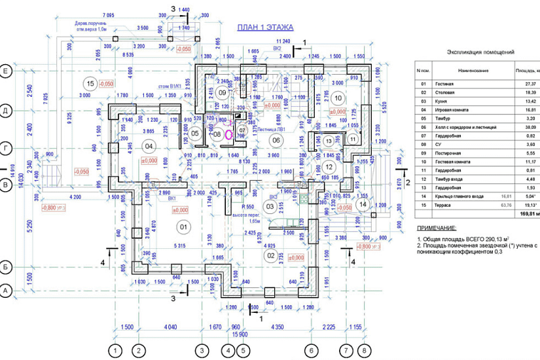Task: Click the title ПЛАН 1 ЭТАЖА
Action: [264, 27]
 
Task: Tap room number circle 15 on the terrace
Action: [90, 82]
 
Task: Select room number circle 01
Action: [183, 226]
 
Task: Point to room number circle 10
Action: [338, 98]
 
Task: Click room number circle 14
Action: [363, 204]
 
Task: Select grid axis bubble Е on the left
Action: [6, 70]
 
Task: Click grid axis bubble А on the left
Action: [6, 289]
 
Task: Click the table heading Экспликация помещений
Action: [480, 51]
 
